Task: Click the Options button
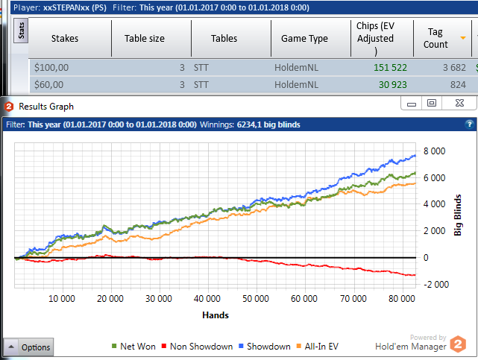(30, 347)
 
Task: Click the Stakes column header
(65, 38)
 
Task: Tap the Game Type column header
(304, 38)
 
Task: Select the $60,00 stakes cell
(49, 85)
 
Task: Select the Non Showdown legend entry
(202, 346)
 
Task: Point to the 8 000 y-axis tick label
(435, 151)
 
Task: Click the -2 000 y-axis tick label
(434, 284)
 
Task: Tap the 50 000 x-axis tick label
(257, 299)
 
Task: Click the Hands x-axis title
(216, 315)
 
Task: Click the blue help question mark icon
(469, 124)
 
